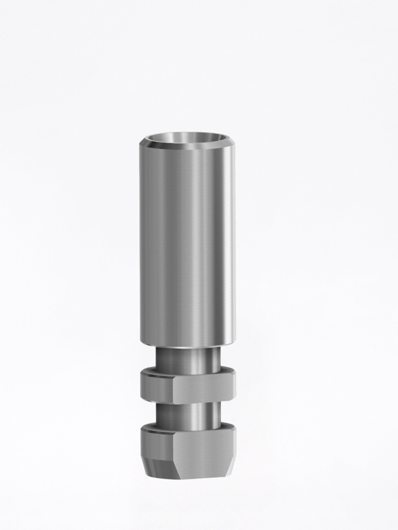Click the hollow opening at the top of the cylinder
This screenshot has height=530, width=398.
(x=187, y=138)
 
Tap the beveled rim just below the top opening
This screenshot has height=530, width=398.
(x=187, y=146)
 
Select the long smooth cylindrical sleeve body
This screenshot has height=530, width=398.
(x=187, y=243)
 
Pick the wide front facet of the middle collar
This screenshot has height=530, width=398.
(x=203, y=387)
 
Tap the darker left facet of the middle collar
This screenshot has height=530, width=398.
(x=157, y=387)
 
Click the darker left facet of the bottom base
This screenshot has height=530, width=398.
(x=157, y=444)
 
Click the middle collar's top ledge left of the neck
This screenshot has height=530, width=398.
(x=149, y=371)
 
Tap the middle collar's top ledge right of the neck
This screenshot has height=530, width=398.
(x=226, y=371)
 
